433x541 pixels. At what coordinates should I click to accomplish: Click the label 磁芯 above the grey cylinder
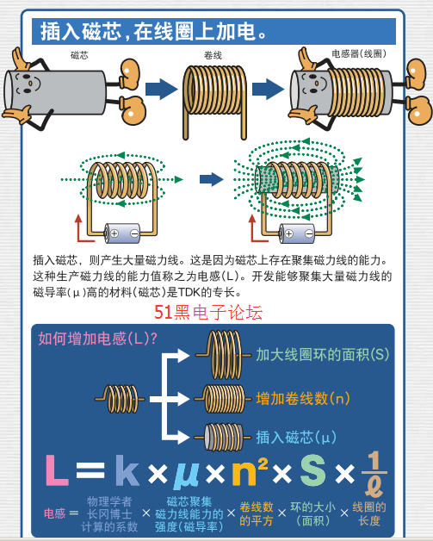(79, 55)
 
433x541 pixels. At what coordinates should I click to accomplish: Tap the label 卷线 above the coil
(213, 55)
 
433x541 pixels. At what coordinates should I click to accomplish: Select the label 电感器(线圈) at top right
(358, 53)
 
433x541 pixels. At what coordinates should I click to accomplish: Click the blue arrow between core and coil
(161, 89)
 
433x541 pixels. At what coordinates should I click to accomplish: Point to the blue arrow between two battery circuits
(211, 179)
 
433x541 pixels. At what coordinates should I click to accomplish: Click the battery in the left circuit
(122, 233)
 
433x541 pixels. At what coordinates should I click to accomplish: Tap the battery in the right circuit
(297, 233)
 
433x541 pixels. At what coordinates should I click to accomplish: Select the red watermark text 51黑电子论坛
(208, 312)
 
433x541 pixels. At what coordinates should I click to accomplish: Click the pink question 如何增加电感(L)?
(97, 339)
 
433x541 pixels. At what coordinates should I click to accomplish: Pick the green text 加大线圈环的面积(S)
(322, 355)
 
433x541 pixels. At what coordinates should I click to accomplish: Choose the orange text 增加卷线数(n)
(303, 399)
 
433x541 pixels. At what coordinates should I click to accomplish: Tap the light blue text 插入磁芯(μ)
(296, 437)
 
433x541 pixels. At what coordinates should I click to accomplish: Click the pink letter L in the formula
(57, 469)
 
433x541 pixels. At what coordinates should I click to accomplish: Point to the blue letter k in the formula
(127, 469)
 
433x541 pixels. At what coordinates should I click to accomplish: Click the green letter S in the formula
(313, 469)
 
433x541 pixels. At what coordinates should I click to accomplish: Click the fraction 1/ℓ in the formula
(374, 474)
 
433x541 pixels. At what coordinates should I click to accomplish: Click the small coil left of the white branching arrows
(120, 399)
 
